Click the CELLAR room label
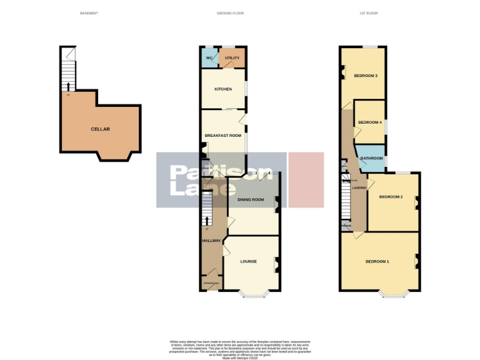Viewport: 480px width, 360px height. coord(100,129)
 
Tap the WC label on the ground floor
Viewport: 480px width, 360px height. coord(209,58)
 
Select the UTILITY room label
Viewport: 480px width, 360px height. coord(232,58)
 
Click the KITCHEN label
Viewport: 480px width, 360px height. coord(223,89)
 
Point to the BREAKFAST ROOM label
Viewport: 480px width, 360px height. coord(223,136)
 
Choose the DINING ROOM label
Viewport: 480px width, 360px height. coord(250,200)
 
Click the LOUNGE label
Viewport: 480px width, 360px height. coord(249,262)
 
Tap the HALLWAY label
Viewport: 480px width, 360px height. coord(211,240)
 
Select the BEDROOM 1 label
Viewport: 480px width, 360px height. coord(377,261)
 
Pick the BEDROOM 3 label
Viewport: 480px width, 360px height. coord(366,76)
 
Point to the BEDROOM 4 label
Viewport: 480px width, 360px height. coord(370,122)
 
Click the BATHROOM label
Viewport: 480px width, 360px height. coord(371,159)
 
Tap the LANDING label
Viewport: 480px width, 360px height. coord(359,187)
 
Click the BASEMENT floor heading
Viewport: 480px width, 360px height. coord(89,13)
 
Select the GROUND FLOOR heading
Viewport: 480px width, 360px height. coord(230,13)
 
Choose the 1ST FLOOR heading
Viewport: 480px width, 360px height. coord(369,13)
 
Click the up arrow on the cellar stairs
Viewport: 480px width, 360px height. coord(67,86)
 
